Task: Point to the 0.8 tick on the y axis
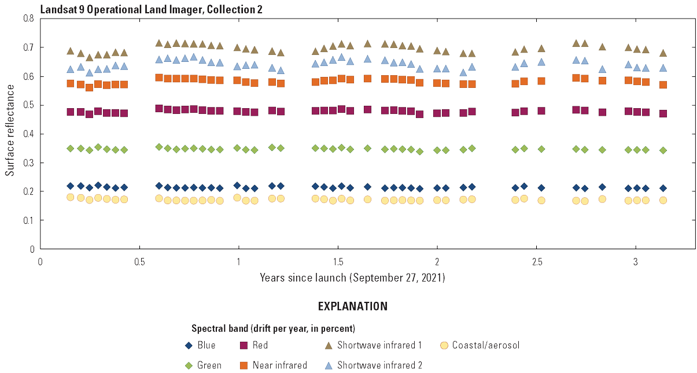28,19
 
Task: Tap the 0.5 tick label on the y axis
28,105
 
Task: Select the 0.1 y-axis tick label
28,220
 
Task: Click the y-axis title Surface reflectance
10,134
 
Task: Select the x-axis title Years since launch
352,278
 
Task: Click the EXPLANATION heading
353,306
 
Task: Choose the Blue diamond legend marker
188,345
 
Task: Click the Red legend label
260,345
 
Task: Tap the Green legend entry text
209,365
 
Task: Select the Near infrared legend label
279,365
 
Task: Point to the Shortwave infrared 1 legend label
379,345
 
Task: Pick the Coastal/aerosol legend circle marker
444,345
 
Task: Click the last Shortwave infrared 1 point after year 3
663,53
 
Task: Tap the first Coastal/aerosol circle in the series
71,197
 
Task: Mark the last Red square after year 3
663,114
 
